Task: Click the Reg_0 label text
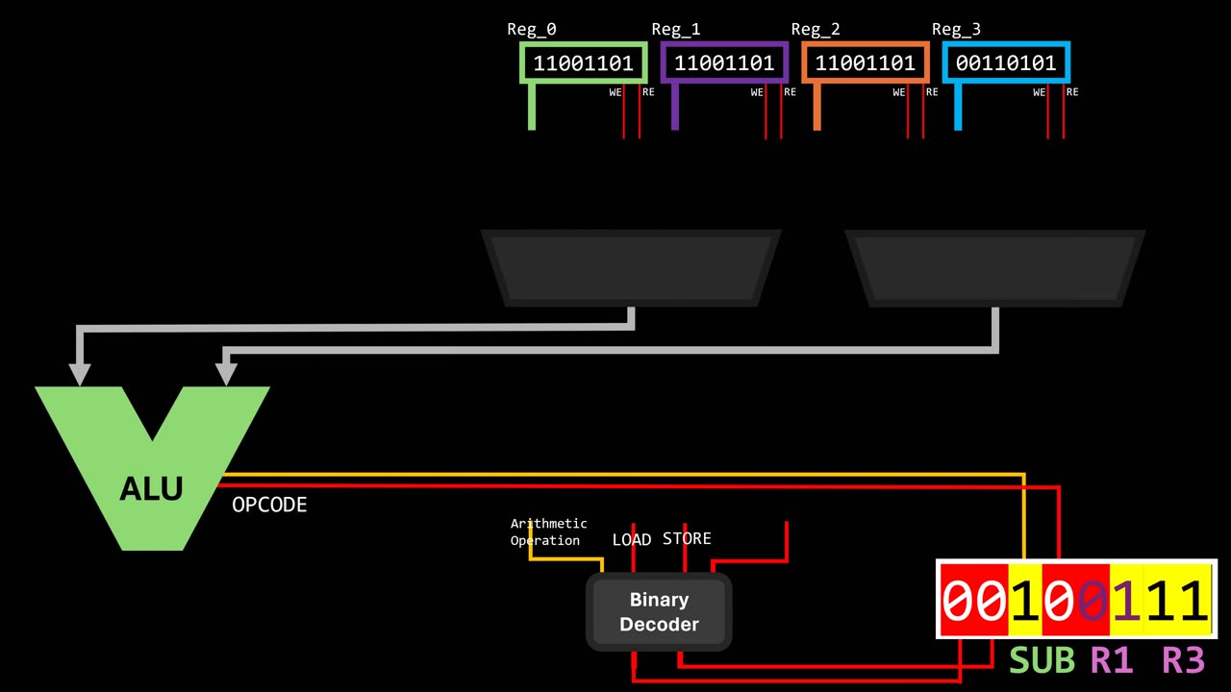531,30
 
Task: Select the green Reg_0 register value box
583,63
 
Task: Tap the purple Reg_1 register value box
724,63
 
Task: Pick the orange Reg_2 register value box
865,63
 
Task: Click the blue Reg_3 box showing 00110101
1006,63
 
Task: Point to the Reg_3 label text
956,30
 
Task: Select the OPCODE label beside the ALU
269,505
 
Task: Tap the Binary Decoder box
659,611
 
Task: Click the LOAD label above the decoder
632,540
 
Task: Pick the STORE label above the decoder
687,538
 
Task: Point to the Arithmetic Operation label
548,531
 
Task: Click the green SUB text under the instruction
1042,660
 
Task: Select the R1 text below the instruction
1111,660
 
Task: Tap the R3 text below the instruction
1183,660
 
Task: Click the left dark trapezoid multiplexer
631,268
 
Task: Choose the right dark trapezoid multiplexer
995,268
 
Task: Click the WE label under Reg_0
615,93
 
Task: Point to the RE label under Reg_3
1072,92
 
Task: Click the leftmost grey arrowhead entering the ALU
80,374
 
